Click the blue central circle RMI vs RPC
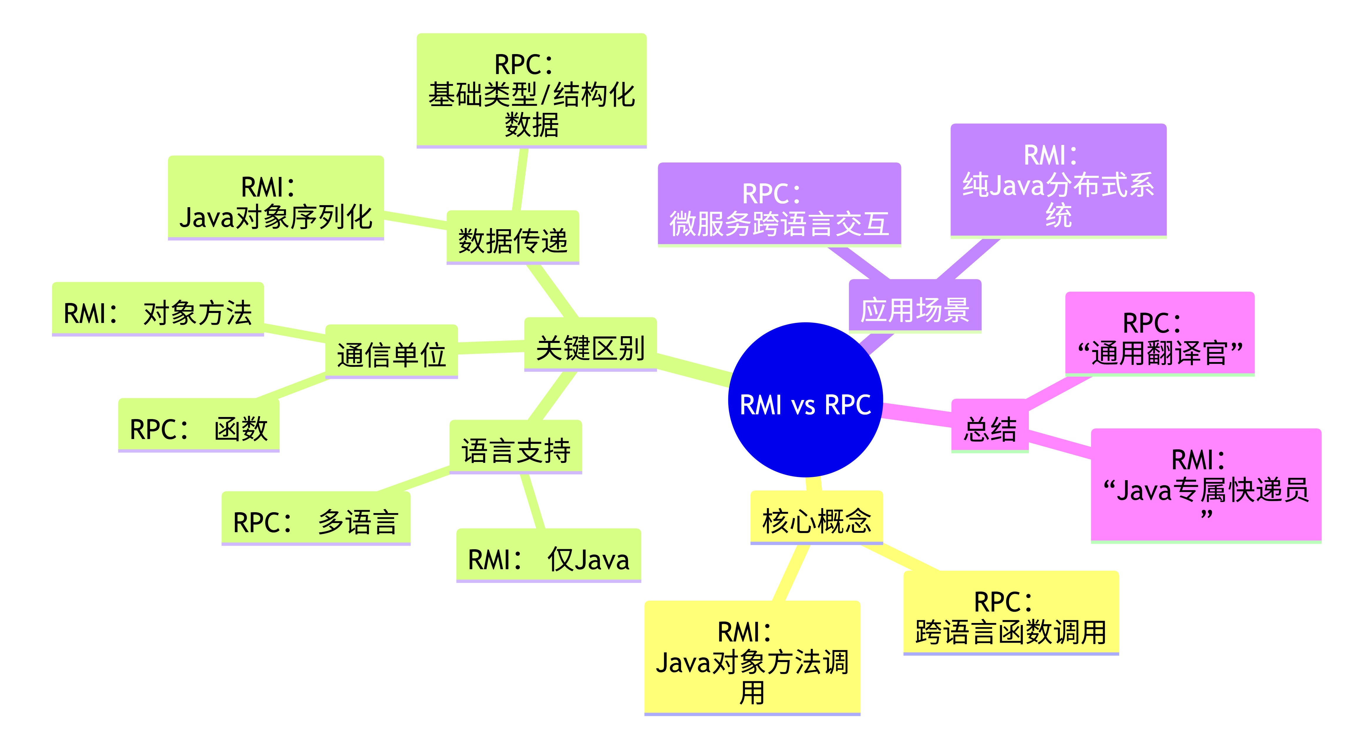[805, 400]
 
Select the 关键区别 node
[590, 344]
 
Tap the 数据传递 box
[512, 238]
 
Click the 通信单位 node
[391, 352]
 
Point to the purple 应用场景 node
[914, 306]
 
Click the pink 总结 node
[990, 426]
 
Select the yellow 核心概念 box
[816, 518]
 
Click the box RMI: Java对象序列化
[276, 198]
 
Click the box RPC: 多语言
[316, 518]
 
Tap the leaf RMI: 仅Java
[549, 556]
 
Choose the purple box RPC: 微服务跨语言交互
[779, 205]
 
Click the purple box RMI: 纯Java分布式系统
[1058, 181]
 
